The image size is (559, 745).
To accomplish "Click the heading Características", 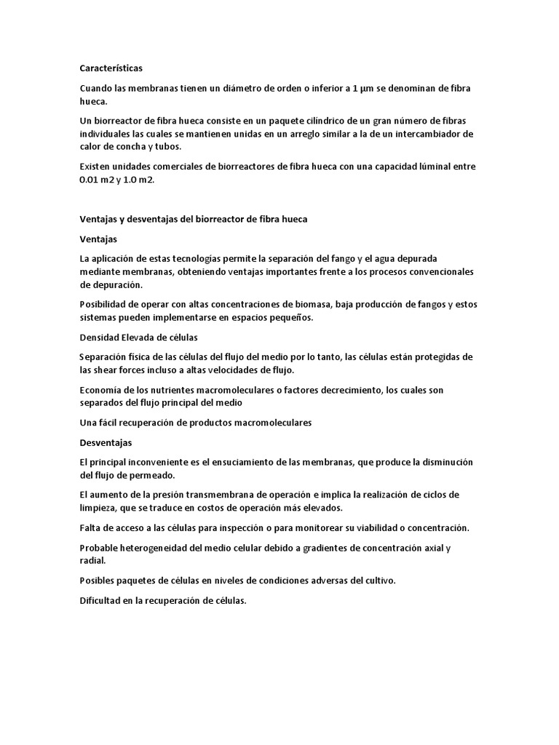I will coord(111,68).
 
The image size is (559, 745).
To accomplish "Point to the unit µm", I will coord(369,88).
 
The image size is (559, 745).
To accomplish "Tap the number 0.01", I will coord(92,180).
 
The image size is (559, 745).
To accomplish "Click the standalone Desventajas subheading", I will coord(106,442).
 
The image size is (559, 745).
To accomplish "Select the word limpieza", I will coord(100,508).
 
